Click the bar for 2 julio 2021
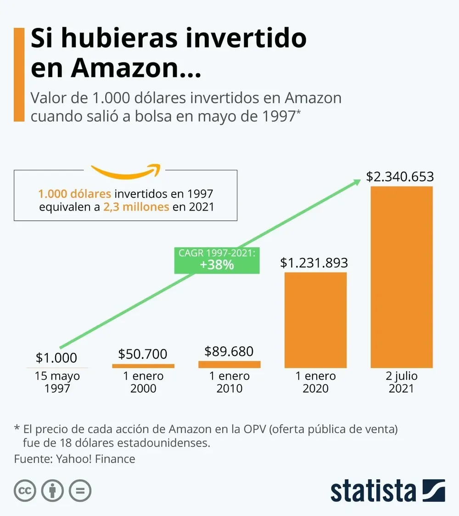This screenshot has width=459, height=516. (402, 277)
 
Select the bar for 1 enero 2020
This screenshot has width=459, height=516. (316, 320)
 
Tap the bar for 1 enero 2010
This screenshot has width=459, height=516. (229, 364)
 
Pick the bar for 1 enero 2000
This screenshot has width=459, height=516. (143, 366)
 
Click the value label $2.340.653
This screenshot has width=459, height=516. (400, 177)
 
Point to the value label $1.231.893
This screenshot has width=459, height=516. (314, 263)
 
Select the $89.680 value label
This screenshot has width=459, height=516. (229, 351)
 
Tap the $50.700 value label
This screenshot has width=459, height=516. (143, 354)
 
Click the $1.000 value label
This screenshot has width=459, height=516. (56, 357)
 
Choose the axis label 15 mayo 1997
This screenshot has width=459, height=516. (57, 382)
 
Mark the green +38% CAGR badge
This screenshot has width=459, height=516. (217, 261)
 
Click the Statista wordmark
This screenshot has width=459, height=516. (373, 490)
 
